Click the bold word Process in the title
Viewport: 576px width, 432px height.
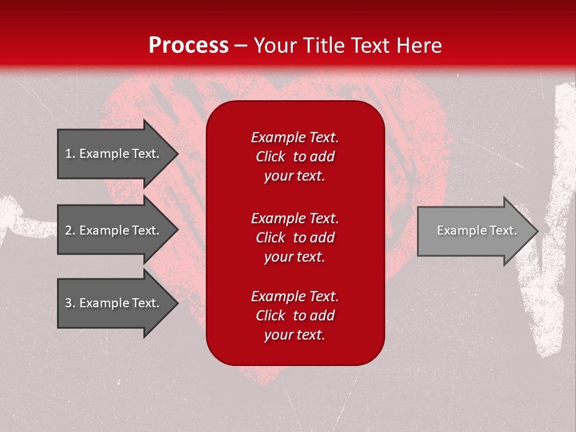pos(188,46)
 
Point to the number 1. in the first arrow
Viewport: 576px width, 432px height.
pos(70,154)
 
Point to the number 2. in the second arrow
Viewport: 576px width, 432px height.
pos(70,230)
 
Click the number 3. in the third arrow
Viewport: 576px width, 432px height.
pos(70,303)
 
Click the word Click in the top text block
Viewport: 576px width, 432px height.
pos(270,157)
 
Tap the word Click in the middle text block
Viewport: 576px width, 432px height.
pos(270,238)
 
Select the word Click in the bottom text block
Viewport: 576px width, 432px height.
pos(270,316)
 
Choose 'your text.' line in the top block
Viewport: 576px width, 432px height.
pos(294,176)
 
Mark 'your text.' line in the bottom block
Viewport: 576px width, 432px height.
pos(294,335)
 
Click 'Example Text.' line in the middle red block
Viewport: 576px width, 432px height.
pos(295,218)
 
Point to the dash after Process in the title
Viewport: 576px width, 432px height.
pos(241,46)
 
